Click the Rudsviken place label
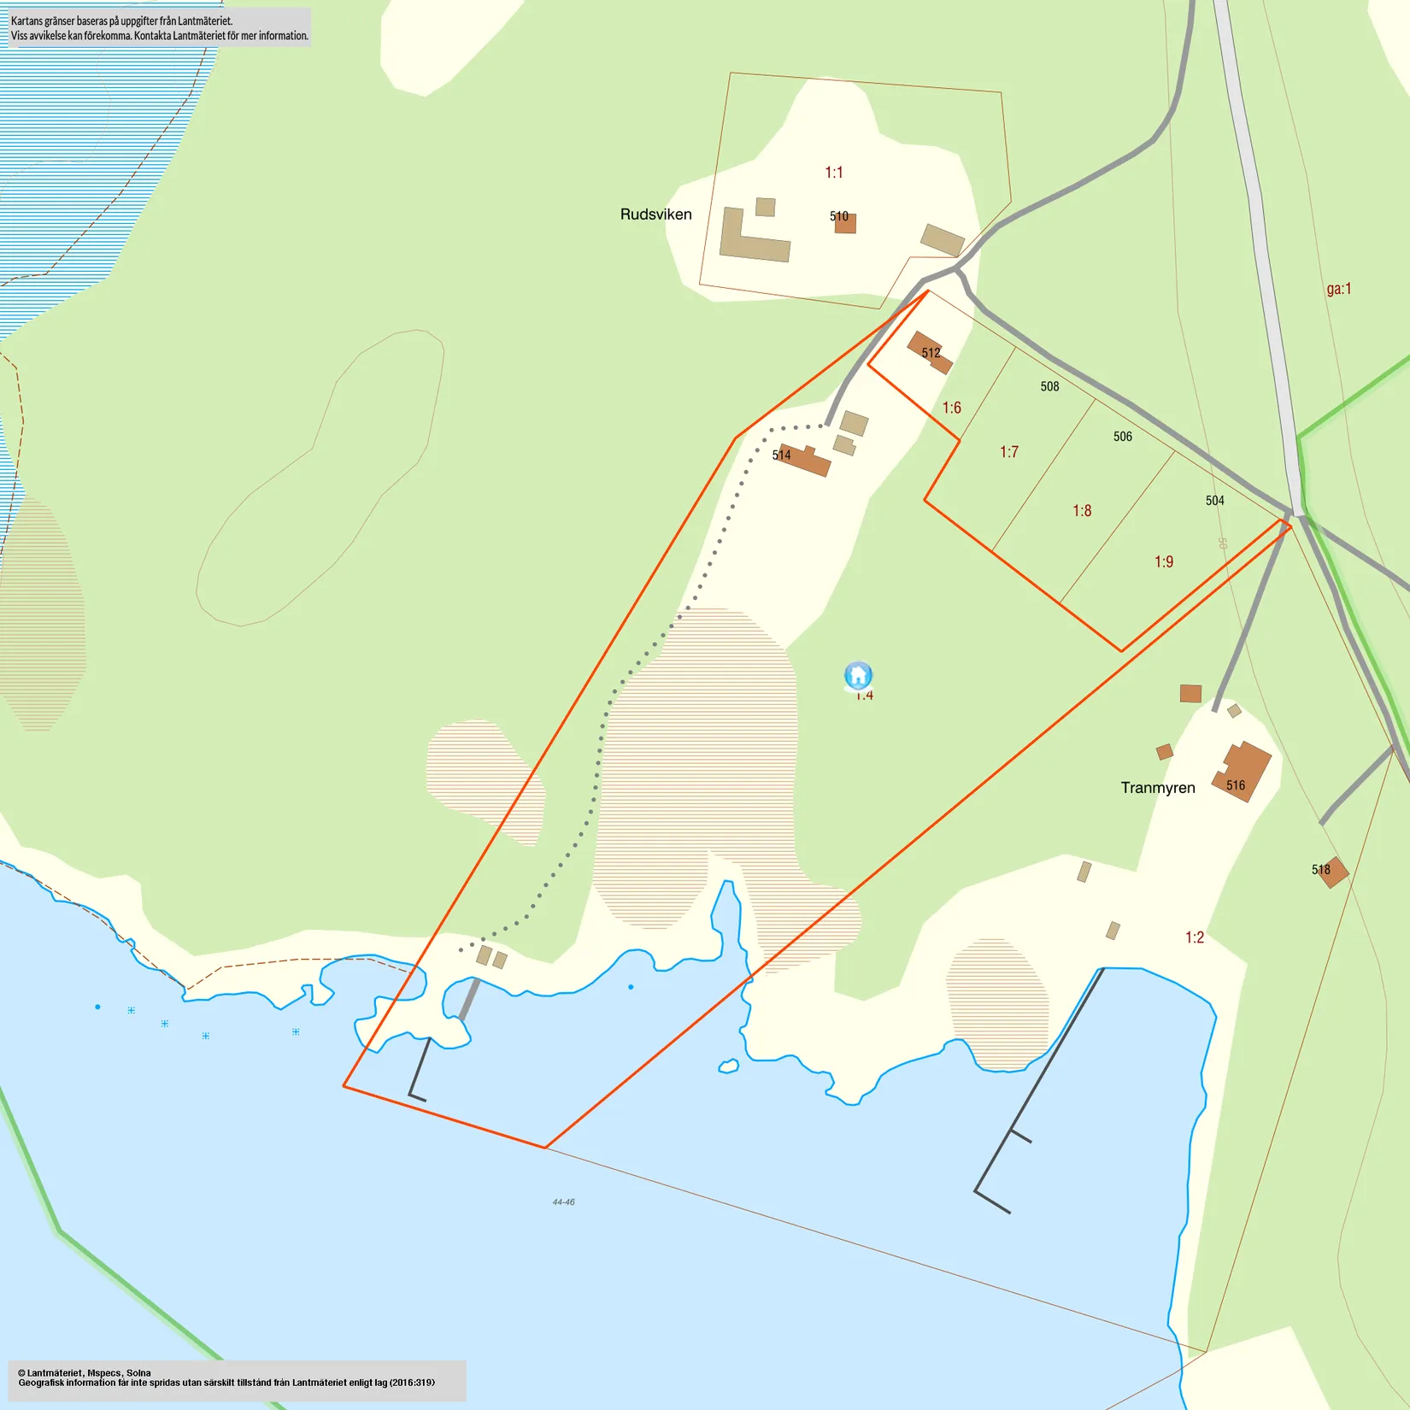[x=655, y=214]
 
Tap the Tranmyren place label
[x=1158, y=788]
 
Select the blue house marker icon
[x=858, y=675]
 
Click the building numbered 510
[x=845, y=223]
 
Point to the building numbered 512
[x=929, y=352]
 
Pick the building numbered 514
[x=806, y=460]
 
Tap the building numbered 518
[x=1331, y=872]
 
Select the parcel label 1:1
[x=833, y=173]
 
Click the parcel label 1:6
[x=951, y=408]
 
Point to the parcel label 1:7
[x=1008, y=452]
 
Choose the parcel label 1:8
[x=1082, y=511]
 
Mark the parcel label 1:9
[x=1164, y=562]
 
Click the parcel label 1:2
[x=1194, y=937]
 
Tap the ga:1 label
[x=1338, y=289]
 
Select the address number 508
[x=1049, y=387]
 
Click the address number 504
[x=1214, y=501]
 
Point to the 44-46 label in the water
[x=563, y=1202]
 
